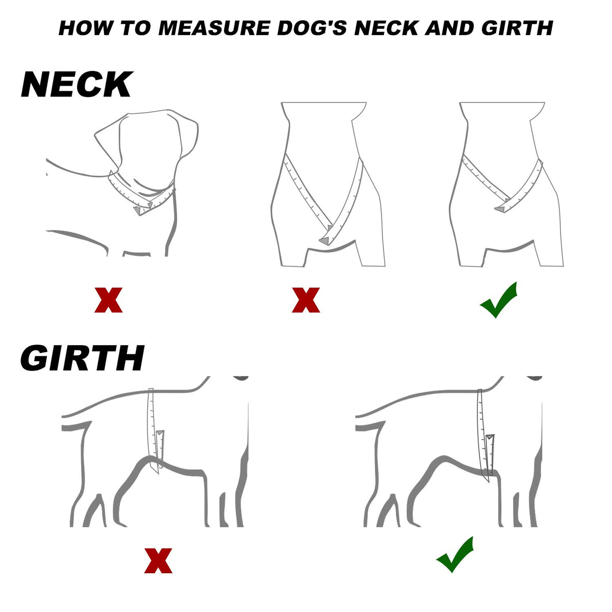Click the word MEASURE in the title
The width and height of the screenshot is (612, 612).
click(x=214, y=28)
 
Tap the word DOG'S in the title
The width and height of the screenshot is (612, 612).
click(x=312, y=28)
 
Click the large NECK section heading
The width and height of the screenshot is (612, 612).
click(x=76, y=85)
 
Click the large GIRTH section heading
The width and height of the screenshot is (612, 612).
click(x=82, y=358)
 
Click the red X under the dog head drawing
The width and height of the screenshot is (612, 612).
click(x=108, y=300)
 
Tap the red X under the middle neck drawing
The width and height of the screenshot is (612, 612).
click(x=306, y=300)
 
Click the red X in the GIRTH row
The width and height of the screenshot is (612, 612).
click(x=158, y=560)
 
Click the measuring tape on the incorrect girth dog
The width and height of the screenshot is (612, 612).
click(x=154, y=431)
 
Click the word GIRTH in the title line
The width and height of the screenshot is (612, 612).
click(x=517, y=28)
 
